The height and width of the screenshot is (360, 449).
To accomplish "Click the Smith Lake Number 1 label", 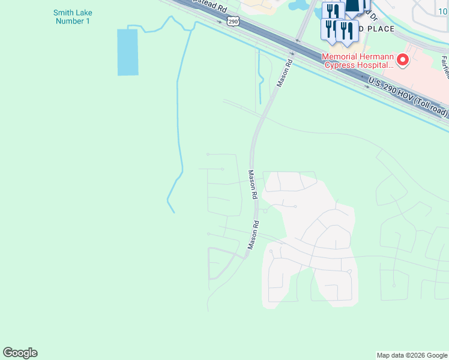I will pos(71,17).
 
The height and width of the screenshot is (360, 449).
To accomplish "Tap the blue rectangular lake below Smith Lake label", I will pos(127,52).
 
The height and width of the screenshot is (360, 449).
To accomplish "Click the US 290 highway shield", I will pos(233,21).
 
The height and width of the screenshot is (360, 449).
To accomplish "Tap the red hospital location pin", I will pos(402,60).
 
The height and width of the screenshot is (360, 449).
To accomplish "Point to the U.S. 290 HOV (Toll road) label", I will pos(408,96).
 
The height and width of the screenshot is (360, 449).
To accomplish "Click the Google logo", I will pos(20,353).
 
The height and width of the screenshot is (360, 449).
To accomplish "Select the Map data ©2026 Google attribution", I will pos(411,355).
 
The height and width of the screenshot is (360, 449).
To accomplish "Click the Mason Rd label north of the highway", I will pos(285,73).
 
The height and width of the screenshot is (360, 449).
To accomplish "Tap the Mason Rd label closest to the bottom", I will pos(254,235).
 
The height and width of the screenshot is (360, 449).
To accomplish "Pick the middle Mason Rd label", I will pos(253,184).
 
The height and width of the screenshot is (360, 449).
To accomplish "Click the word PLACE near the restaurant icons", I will pos(377,29).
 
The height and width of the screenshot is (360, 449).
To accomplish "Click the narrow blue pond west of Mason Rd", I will pos(260,78).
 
